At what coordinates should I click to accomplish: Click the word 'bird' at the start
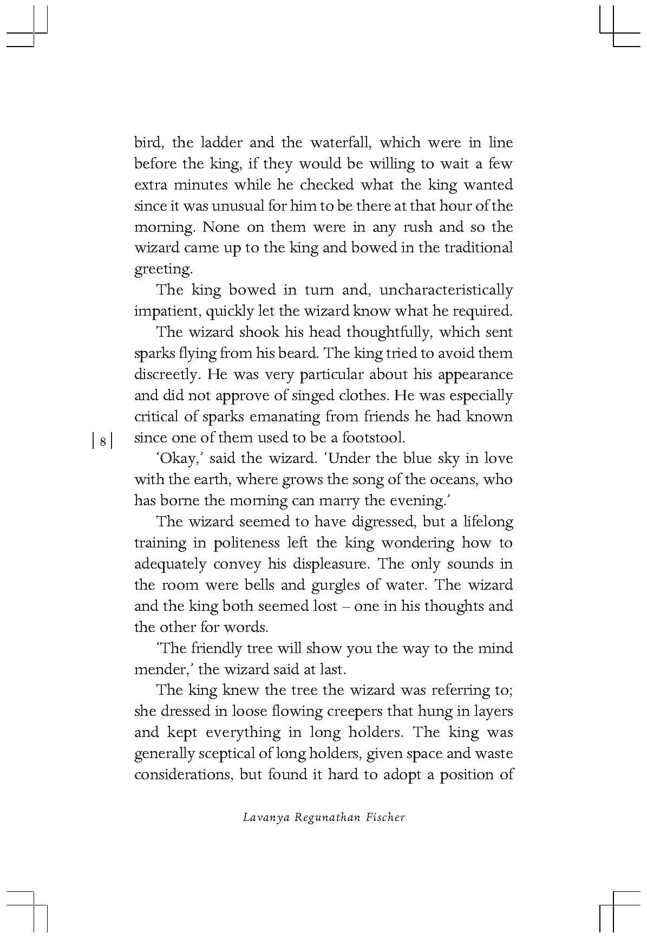(145, 143)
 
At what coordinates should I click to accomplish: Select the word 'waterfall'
(340, 143)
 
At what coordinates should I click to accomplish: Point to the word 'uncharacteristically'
(446, 290)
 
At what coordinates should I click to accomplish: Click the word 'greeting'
(162, 270)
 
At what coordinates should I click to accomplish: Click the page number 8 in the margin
(103, 441)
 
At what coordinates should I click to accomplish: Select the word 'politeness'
(246, 543)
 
